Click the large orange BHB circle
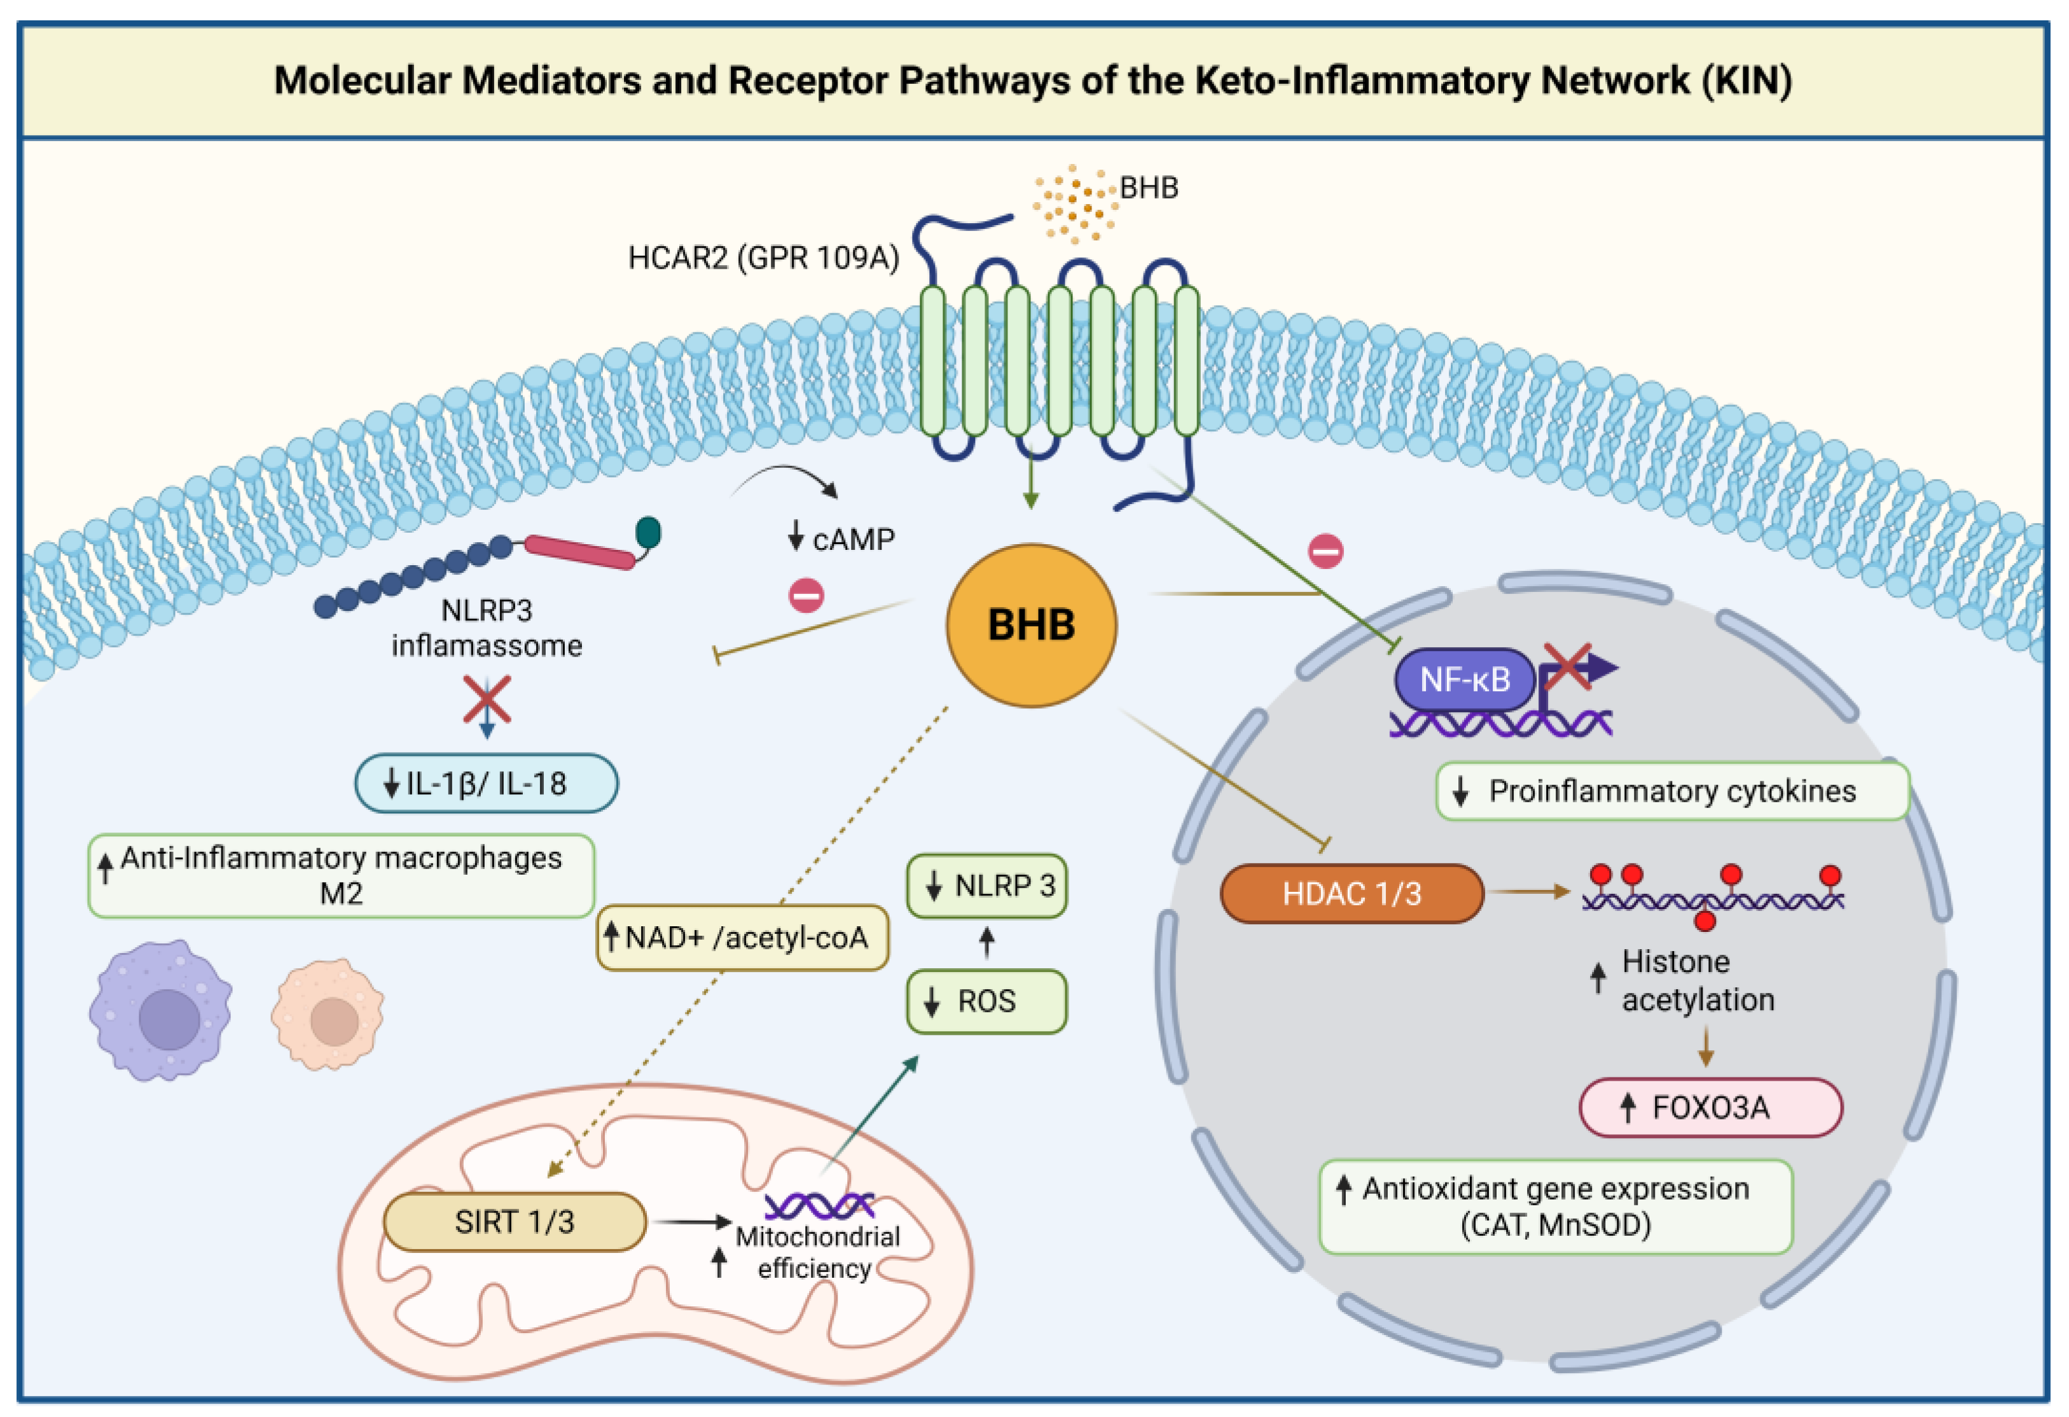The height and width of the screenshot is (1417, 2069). tap(1031, 625)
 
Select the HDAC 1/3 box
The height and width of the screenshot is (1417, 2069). tap(1352, 893)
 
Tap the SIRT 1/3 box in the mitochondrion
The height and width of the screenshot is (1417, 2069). tap(515, 1221)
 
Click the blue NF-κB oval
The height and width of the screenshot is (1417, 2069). tap(1465, 679)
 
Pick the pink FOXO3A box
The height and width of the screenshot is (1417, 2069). tap(1711, 1107)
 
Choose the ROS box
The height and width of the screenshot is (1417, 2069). tap(986, 1001)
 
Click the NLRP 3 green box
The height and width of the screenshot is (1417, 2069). tap(986, 886)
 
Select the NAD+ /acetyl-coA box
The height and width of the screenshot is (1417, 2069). tap(742, 937)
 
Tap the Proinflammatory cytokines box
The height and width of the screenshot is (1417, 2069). tap(1673, 790)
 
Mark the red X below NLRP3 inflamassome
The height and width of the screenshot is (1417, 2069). tap(487, 699)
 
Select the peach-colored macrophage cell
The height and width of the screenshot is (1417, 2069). tap(328, 1014)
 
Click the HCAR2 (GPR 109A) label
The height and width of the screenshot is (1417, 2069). tap(764, 257)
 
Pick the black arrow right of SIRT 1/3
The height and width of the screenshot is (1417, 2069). tap(693, 1222)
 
